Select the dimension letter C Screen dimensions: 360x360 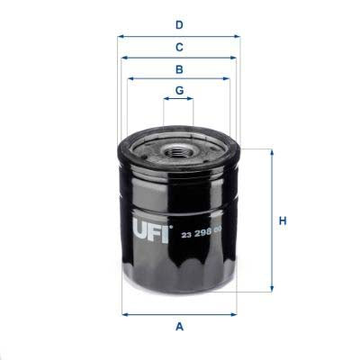[x=179, y=46]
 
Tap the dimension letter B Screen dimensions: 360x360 [x=179, y=68]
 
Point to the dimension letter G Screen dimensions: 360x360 [x=179, y=90]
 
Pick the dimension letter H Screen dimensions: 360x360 [x=282, y=220]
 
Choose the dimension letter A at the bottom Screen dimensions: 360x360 [x=179, y=327]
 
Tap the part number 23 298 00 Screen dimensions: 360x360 [x=202, y=236]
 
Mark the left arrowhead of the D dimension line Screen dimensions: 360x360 [x=120, y=37]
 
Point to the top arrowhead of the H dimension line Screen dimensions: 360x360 [x=270, y=152]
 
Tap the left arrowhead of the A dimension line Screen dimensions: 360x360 [x=124, y=314]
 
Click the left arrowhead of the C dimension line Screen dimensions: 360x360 [x=124, y=57]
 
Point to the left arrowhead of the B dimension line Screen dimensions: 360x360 [x=130, y=78]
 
